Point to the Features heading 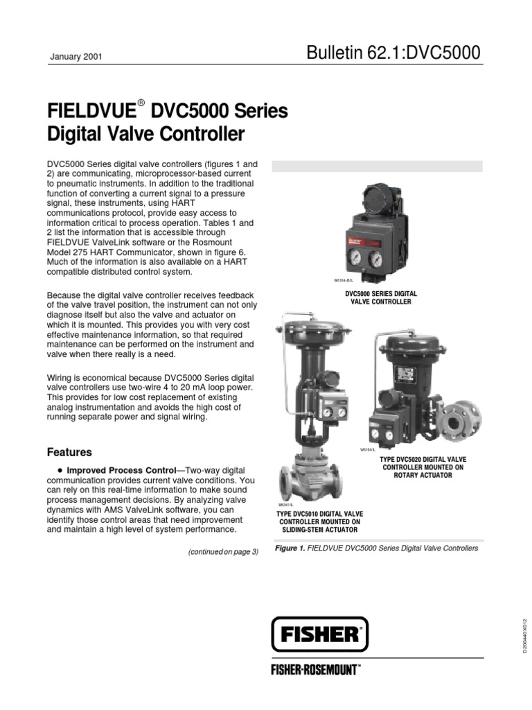coord(69,452)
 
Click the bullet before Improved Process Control coord(51,470)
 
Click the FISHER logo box coord(319,634)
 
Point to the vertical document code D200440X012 coord(524,631)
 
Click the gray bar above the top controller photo coord(377,166)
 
